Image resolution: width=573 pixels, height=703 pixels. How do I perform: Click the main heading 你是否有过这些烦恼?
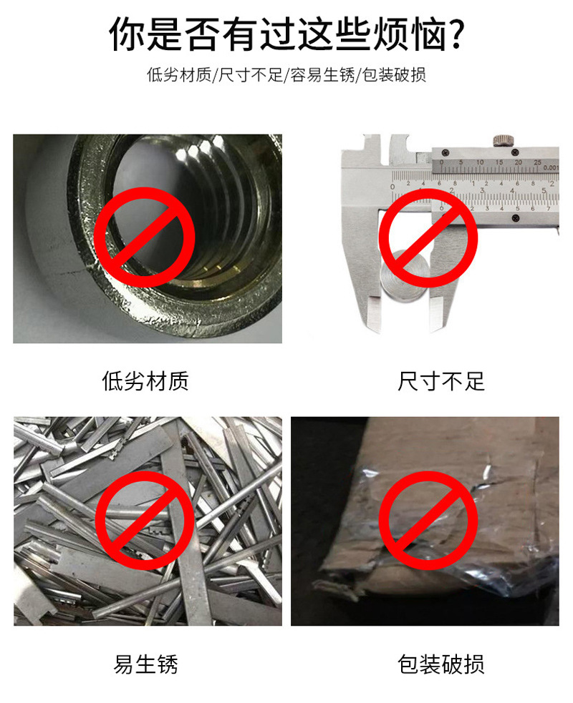pyautogui.click(x=286, y=34)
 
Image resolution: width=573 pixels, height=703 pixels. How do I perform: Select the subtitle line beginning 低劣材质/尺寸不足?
pyautogui.click(x=286, y=74)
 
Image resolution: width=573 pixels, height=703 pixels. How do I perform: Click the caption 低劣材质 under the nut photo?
pyautogui.click(x=145, y=381)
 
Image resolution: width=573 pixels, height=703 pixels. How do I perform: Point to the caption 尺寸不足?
pyautogui.click(x=441, y=381)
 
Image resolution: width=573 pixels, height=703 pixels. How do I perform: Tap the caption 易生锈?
pyautogui.click(x=145, y=664)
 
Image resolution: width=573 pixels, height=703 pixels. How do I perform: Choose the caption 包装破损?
pyautogui.click(x=441, y=664)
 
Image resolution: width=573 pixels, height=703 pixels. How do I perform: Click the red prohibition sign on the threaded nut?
pyautogui.click(x=145, y=237)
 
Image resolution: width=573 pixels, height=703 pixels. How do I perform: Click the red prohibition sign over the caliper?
pyautogui.click(x=428, y=237)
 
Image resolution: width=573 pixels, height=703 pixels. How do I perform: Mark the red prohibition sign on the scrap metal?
pyautogui.click(x=145, y=520)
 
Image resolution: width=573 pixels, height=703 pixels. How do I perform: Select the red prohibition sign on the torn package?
pyautogui.click(x=428, y=520)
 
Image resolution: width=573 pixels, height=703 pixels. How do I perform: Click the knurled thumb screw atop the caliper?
pyautogui.click(x=504, y=141)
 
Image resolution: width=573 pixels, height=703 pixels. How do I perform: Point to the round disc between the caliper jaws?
pyautogui.click(x=404, y=276)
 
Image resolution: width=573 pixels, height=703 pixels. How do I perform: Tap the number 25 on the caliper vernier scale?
pyautogui.click(x=537, y=162)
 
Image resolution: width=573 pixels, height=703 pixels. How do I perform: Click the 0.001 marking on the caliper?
pyautogui.click(x=551, y=167)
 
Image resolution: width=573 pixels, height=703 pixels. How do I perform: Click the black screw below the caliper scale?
pyautogui.click(x=515, y=218)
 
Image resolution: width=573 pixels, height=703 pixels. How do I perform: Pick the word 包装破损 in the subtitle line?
pyautogui.click(x=394, y=74)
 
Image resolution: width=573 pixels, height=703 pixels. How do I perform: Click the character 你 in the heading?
pyautogui.click(x=127, y=34)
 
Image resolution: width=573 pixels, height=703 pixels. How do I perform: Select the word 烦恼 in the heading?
pyautogui.click(x=410, y=34)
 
